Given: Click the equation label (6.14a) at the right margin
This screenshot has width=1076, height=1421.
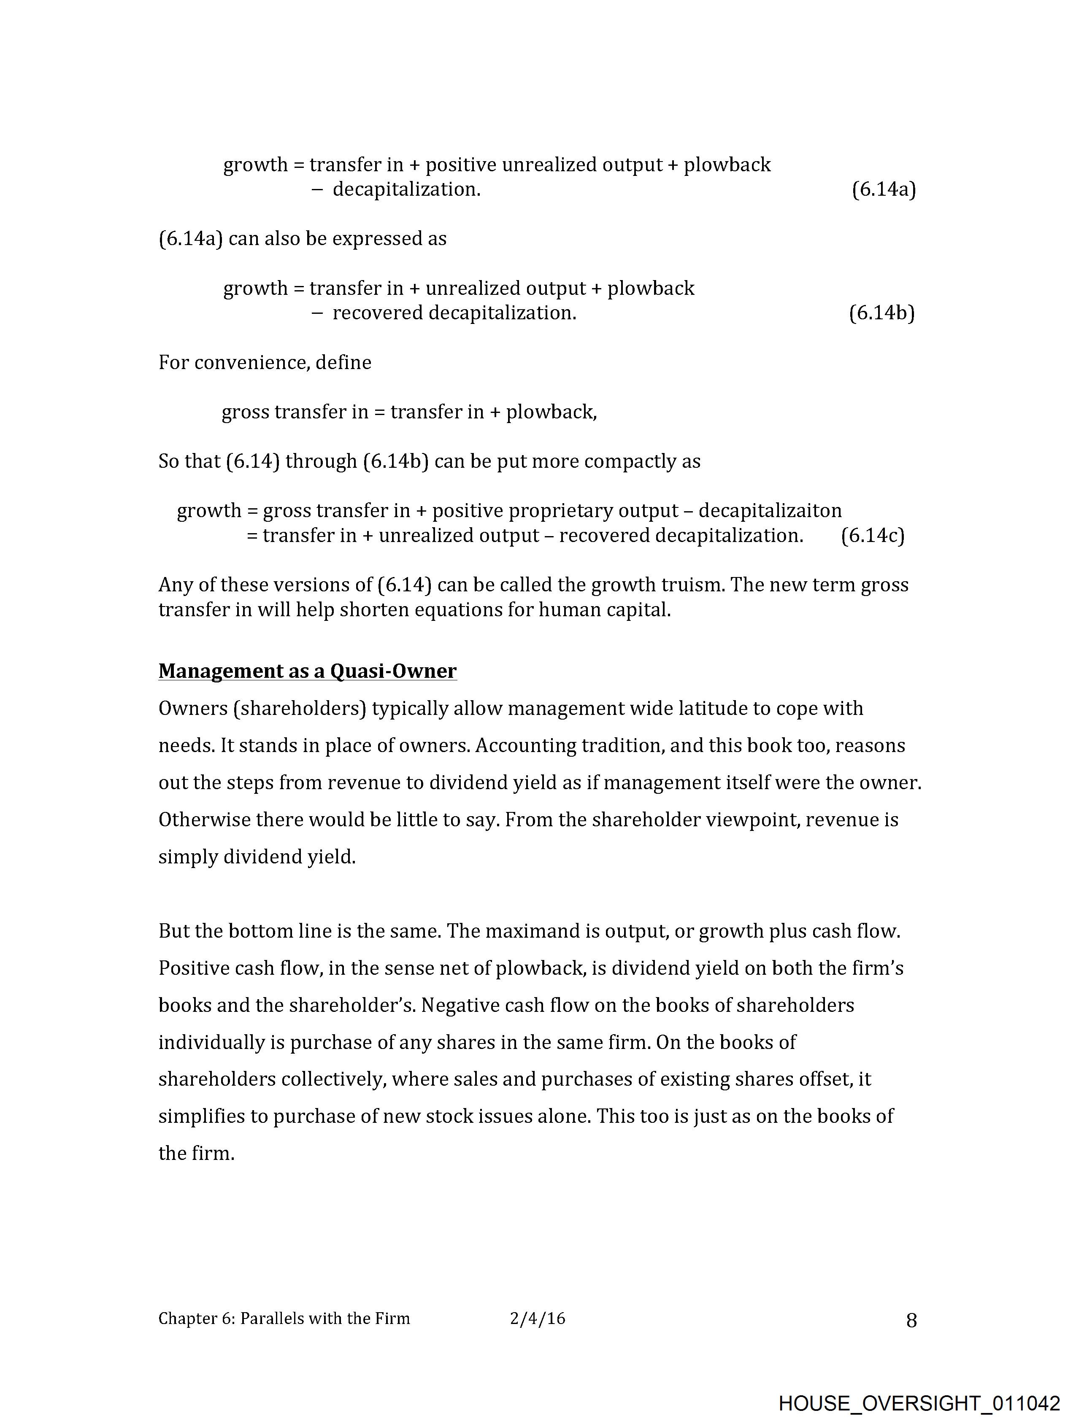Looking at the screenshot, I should (884, 189).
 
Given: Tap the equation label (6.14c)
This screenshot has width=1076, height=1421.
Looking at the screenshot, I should (872, 535).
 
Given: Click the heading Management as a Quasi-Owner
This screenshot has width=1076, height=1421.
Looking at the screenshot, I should (307, 671).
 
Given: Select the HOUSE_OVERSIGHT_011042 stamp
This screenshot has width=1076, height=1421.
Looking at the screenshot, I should (919, 1402).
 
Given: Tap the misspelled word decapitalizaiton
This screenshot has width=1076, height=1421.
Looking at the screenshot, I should (770, 511).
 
